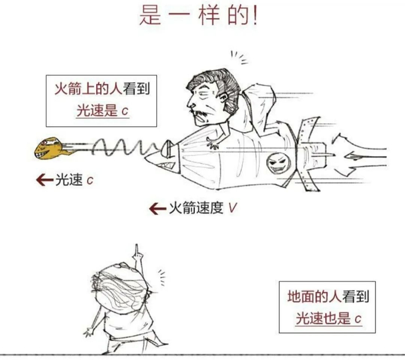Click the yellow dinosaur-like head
(49, 148)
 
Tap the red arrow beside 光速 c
(45, 180)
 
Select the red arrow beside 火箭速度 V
(157, 208)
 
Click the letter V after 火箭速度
(232, 208)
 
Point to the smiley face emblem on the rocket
(278, 163)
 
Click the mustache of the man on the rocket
(200, 113)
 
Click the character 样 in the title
(209, 16)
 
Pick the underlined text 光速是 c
(102, 111)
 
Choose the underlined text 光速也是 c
(328, 318)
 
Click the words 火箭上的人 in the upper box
(88, 89)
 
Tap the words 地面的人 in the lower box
(314, 296)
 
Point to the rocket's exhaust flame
(359, 156)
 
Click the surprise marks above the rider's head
(239, 57)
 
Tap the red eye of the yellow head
(44, 142)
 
